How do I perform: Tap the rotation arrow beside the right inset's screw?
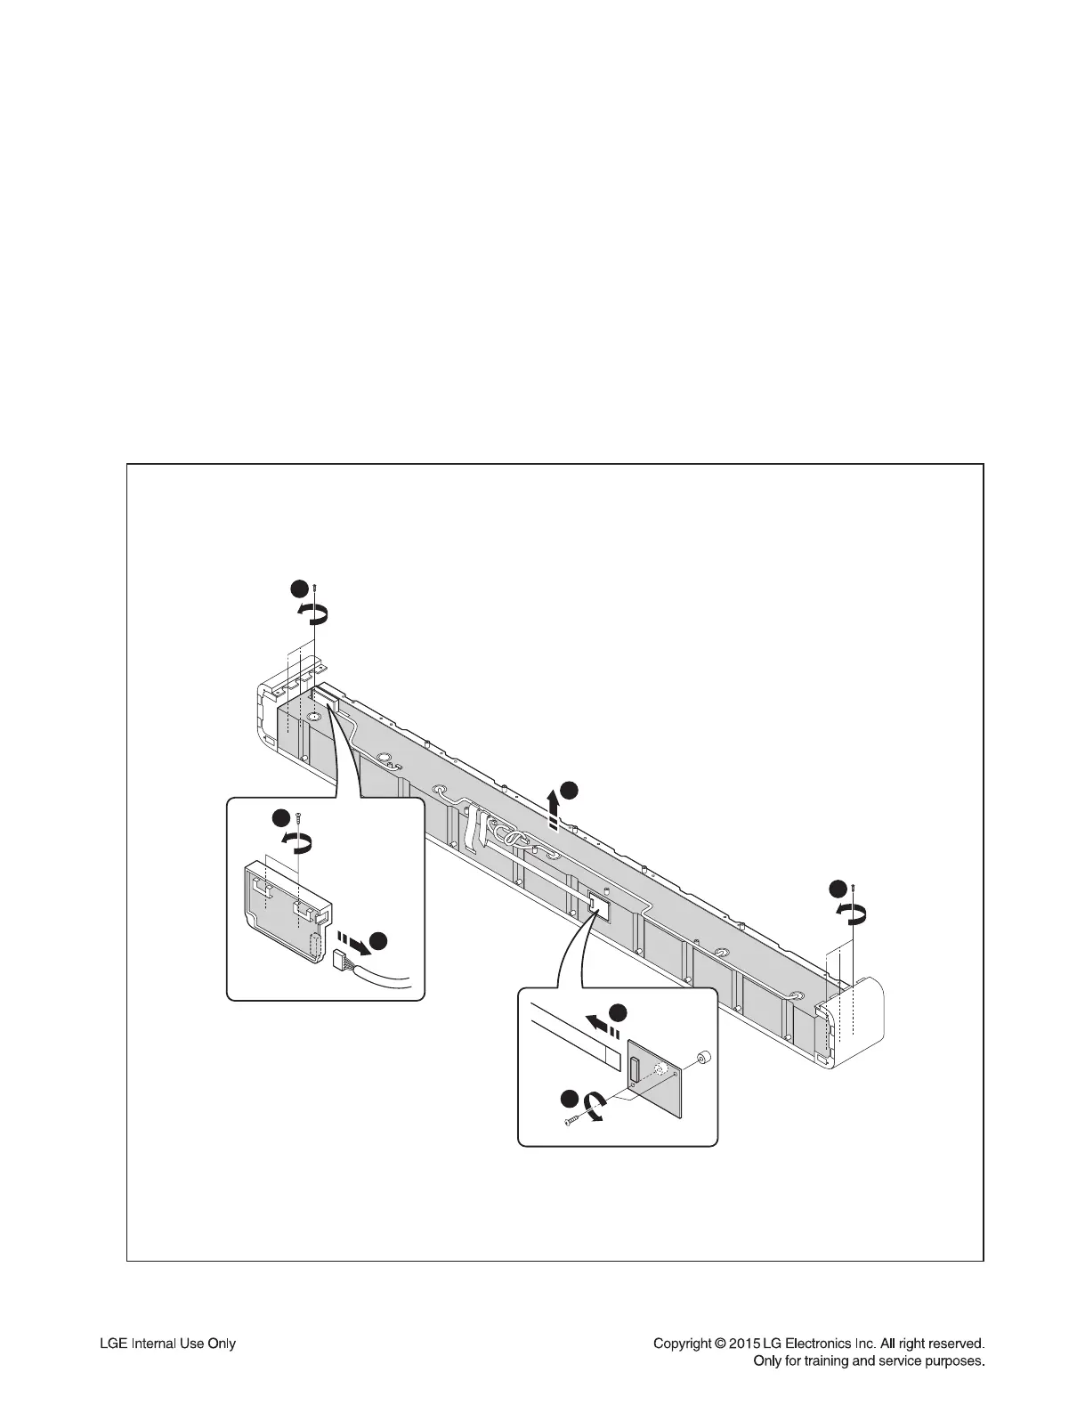(595, 1108)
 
